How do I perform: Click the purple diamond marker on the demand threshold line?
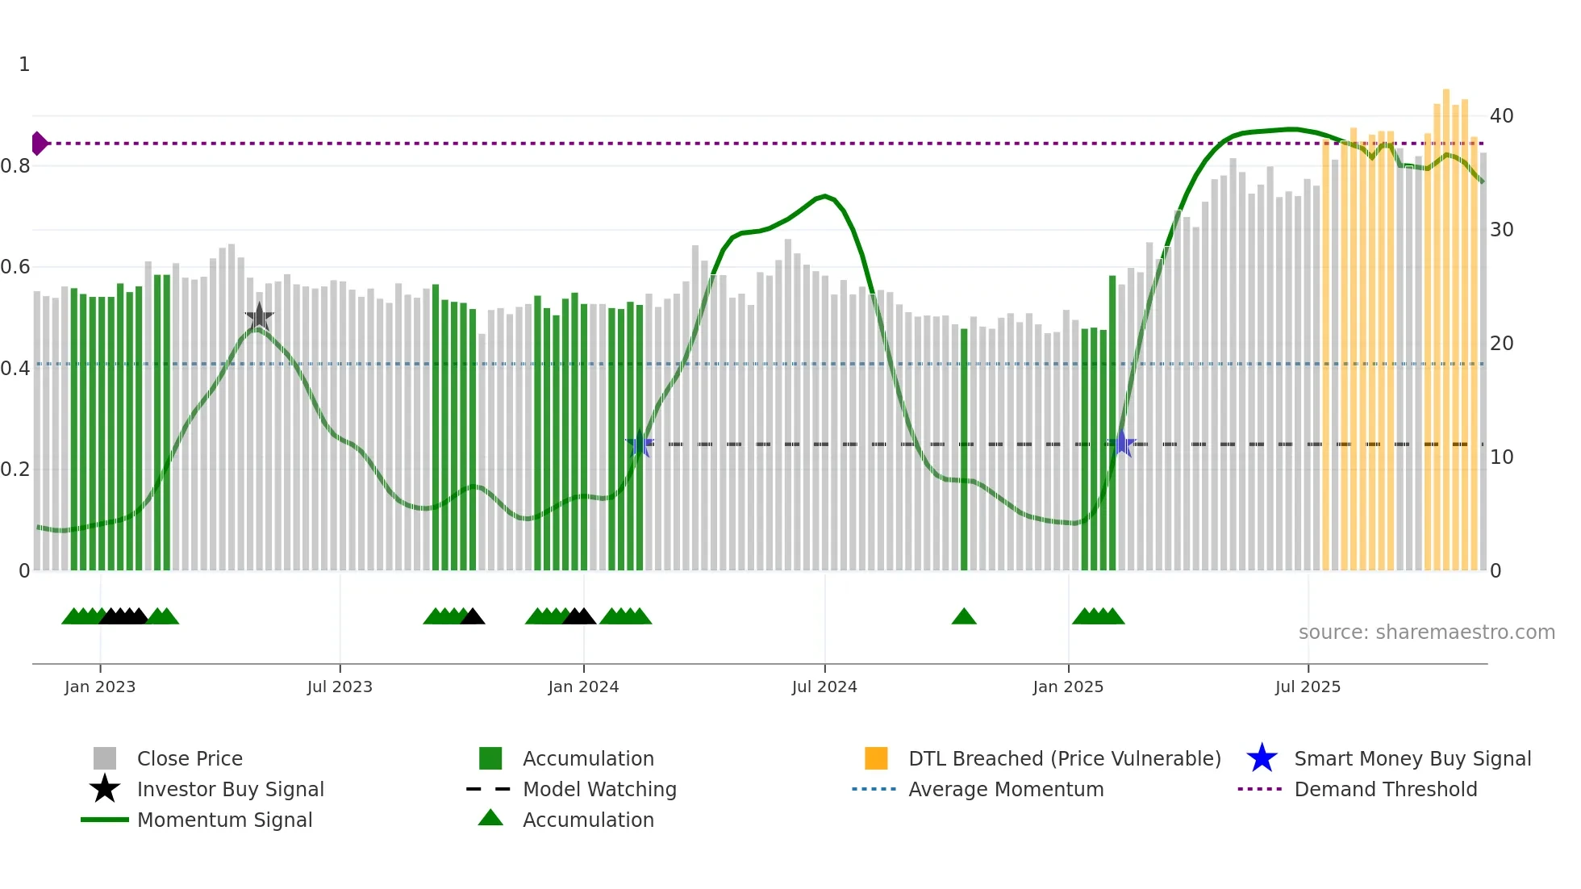[x=39, y=144]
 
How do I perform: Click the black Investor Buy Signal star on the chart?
[x=259, y=316]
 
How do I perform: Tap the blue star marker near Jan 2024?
[x=640, y=444]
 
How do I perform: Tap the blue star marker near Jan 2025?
[x=1121, y=443]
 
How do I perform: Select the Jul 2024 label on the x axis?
[x=824, y=687]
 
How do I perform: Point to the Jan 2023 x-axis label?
[x=100, y=687]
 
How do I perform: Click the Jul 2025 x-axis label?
[x=1308, y=687]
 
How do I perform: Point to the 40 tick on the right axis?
[x=1501, y=116]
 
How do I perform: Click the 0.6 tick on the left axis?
[x=15, y=267]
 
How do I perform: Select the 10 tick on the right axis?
[x=1501, y=457]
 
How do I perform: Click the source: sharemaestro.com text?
[x=1426, y=632]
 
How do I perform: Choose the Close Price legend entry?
[x=190, y=758]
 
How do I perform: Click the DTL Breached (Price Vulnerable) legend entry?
[x=1064, y=758]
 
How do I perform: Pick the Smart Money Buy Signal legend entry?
[x=1412, y=758]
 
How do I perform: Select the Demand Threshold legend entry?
[x=1385, y=789]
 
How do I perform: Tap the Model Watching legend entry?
[x=599, y=789]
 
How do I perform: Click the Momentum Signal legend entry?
[x=224, y=820]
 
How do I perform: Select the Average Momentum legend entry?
[x=1005, y=789]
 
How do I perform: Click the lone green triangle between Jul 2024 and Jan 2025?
[x=964, y=617]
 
